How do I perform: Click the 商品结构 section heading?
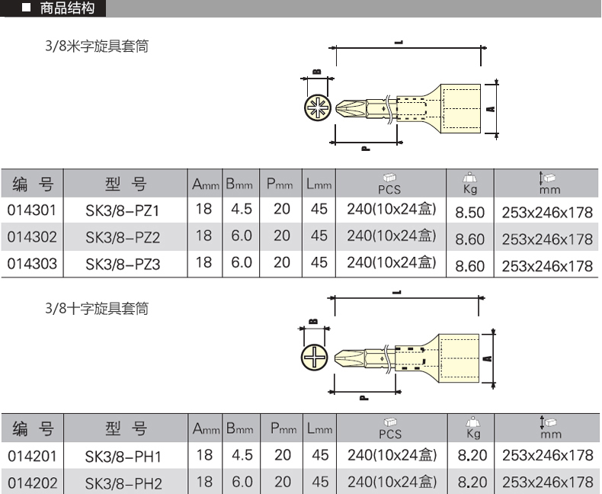tap(67, 8)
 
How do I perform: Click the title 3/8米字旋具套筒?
tap(97, 46)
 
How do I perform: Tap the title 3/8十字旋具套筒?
tap(97, 308)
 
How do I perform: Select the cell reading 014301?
tap(32, 210)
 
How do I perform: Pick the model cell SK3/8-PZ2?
tap(123, 237)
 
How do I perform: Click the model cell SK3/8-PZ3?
tap(123, 265)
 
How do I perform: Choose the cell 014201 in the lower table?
tap(32, 457)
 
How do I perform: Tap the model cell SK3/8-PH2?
tap(123, 483)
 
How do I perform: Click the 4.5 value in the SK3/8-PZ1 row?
tap(242, 209)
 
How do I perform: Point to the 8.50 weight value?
tap(470, 213)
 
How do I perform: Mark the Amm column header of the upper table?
tap(206, 184)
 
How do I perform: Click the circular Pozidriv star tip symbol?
tap(318, 107)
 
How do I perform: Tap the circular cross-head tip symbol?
tap(315, 358)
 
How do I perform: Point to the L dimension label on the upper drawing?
tap(399, 42)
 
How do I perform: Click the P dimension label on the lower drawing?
tap(364, 397)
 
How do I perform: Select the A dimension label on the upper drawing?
tap(491, 109)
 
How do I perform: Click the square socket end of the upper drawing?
tap(460, 109)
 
